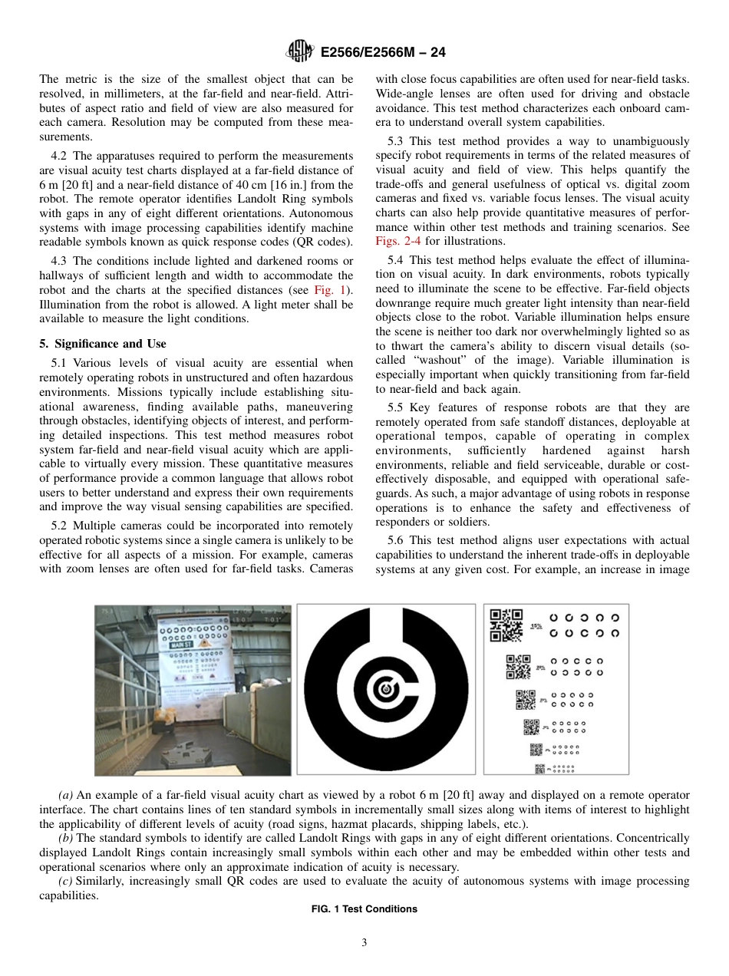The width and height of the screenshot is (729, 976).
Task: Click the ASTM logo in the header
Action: click(299, 52)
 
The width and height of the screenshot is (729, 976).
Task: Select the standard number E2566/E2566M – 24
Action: click(381, 53)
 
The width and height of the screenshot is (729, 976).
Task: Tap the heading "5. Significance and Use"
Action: click(103, 344)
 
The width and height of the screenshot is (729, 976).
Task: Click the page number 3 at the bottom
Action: click(364, 943)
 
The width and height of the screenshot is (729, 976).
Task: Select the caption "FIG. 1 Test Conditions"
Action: click(364, 909)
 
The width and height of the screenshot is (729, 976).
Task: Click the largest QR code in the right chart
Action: click(506, 625)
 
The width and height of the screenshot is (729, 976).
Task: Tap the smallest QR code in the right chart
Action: click(539, 769)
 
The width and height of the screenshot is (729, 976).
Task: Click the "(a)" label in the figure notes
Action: click(66, 795)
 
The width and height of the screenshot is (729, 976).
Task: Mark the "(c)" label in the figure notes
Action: click(66, 882)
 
